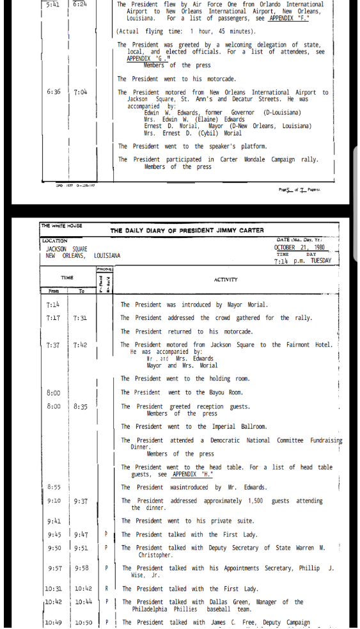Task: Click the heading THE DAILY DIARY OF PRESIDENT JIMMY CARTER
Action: click(x=187, y=230)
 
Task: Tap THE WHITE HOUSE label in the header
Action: click(x=63, y=226)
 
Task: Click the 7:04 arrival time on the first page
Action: click(x=81, y=92)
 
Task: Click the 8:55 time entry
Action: click(x=54, y=488)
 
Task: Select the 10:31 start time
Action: click(x=54, y=589)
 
